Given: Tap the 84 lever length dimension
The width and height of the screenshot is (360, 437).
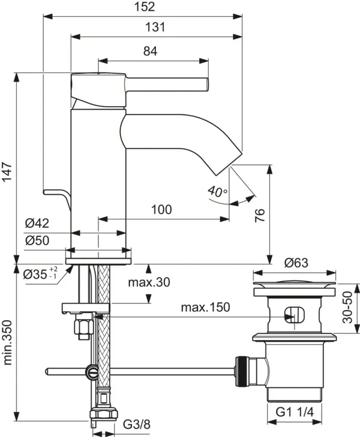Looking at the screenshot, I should pyautogui.click(x=150, y=52).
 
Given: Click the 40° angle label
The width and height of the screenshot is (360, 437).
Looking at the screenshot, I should pyautogui.click(x=217, y=192).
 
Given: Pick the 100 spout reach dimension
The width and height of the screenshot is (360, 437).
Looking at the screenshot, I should pyautogui.click(x=161, y=209).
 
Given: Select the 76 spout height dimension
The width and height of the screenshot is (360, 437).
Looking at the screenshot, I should pyautogui.click(x=259, y=215).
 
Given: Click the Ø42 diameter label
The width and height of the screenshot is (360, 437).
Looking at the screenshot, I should pyautogui.click(x=37, y=224).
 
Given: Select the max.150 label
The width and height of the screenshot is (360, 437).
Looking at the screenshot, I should pyautogui.click(x=205, y=308).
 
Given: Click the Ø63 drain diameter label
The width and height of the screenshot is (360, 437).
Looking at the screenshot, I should pyautogui.click(x=296, y=262).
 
